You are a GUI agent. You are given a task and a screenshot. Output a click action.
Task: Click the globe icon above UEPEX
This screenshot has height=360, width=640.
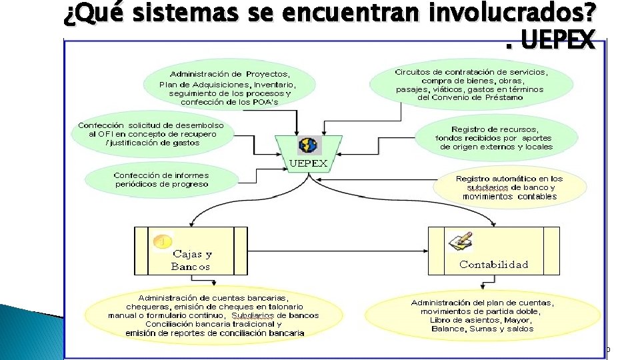pyautogui.click(x=309, y=145)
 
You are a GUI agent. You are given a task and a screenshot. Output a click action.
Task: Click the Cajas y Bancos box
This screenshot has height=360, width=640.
pyautogui.click(x=191, y=251)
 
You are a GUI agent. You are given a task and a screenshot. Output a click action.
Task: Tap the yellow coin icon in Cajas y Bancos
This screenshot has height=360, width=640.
pyautogui.click(x=162, y=242)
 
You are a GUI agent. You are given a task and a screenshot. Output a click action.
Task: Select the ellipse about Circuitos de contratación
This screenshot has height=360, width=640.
pyautogui.click(x=471, y=84)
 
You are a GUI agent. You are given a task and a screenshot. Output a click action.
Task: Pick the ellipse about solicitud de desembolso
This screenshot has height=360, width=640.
pyautogui.click(x=151, y=134)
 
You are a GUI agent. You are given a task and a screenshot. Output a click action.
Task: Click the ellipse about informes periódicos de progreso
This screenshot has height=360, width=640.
pyautogui.click(x=161, y=179)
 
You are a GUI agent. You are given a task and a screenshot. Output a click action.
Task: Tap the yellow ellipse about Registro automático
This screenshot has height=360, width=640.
pyautogui.click(x=509, y=187)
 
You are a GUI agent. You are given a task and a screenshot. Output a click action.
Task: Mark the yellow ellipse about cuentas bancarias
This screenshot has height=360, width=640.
pyautogui.click(x=213, y=315)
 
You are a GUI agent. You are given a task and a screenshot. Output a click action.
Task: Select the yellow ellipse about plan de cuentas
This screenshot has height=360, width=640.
pyautogui.click(x=483, y=315)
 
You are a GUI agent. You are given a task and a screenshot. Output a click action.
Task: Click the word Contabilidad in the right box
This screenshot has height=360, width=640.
pyautogui.click(x=493, y=265)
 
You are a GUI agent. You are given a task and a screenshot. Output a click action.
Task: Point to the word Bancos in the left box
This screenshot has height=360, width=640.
pyautogui.click(x=190, y=267)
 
